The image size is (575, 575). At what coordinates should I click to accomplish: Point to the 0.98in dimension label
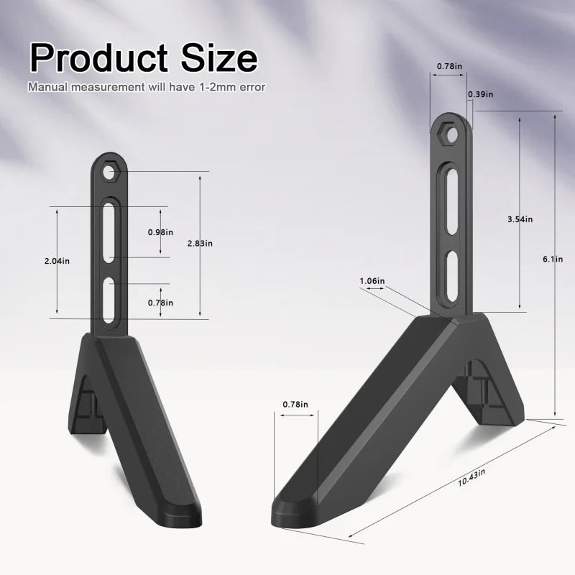pos(160,232)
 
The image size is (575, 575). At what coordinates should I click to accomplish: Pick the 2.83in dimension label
pos(200,244)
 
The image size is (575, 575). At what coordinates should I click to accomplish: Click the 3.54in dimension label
pos(520,218)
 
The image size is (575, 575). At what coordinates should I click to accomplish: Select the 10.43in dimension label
pos(471,475)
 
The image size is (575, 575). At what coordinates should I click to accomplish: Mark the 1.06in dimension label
pos(371,280)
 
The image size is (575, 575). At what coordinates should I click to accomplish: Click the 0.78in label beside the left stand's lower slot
pos(160,303)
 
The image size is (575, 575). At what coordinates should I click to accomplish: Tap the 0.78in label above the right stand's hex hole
pos(449,67)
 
